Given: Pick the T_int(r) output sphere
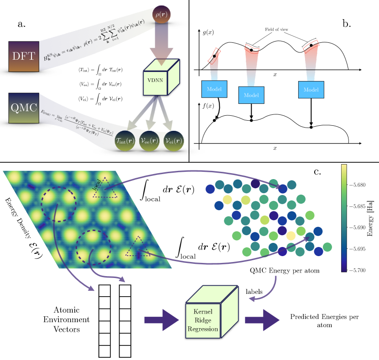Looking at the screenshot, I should click(127, 142).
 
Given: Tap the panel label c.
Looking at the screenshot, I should click(318, 172).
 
